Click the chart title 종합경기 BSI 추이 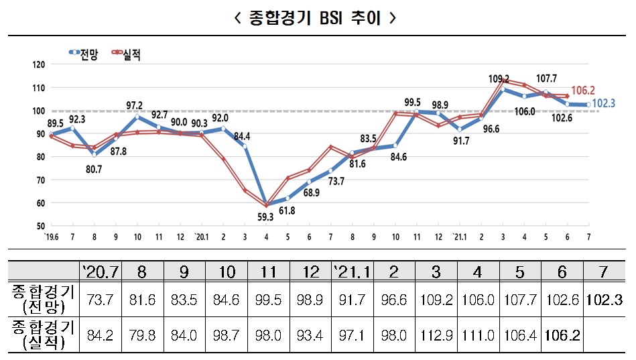click(317, 17)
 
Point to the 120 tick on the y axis click(38, 65)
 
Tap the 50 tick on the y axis click(40, 226)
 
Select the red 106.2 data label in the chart click(584, 91)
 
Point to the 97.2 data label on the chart click(134, 105)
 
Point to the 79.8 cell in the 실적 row click(141, 333)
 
